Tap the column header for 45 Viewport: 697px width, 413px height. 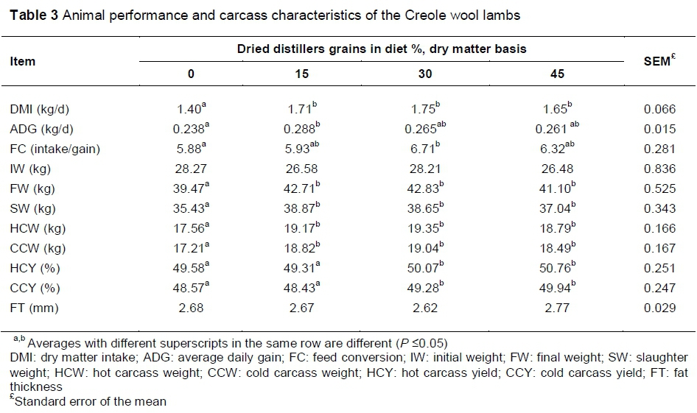(x=557, y=74)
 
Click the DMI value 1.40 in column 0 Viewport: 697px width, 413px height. (x=188, y=110)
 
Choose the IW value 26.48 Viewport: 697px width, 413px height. (x=557, y=169)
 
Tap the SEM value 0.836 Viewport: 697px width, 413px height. (x=659, y=169)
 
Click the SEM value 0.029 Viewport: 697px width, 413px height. (x=659, y=308)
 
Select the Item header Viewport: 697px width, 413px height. (x=23, y=61)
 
